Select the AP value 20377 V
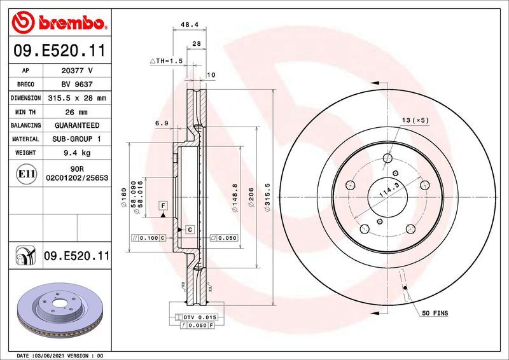pos(76,71)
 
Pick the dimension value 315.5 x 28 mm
pos(76,98)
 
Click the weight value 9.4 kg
pos(76,153)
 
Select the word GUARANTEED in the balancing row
pos(77,125)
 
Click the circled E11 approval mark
pos(26,173)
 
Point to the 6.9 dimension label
pos(161,123)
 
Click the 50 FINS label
pos(434,314)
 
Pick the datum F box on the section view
pos(163,205)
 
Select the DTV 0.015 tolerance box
pos(200,317)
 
